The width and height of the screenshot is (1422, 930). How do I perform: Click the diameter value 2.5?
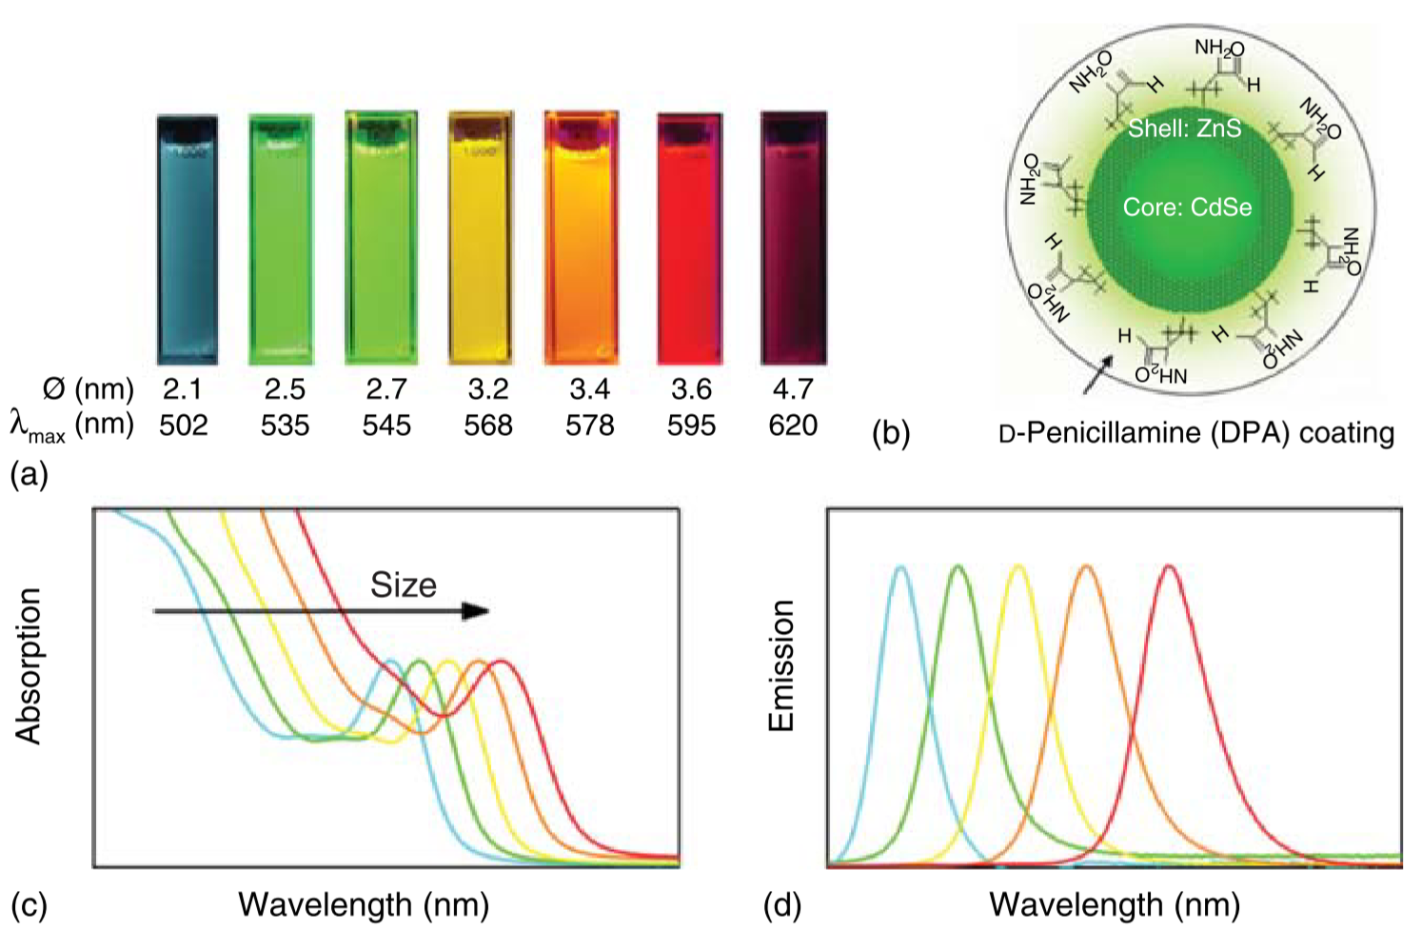pyautogui.click(x=285, y=389)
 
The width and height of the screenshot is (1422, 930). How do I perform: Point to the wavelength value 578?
pyautogui.click(x=589, y=425)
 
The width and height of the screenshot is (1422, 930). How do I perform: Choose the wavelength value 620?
pyautogui.click(x=793, y=425)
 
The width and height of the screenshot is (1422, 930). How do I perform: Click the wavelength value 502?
pyautogui.click(x=183, y=425)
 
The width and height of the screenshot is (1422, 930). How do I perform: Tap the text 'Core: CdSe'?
pyautogui.click(x=1187, y=208)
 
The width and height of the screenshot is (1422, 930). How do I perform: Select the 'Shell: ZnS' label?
pyautogui.click(x=1184, y=129)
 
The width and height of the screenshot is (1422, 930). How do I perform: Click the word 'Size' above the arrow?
pyautogui.click(x=404, y=584)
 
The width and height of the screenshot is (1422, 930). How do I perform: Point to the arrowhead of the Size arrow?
pyautogui.click(x=476, y=611)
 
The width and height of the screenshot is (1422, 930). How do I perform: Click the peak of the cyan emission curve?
pyautogui.click(x=900, y=567)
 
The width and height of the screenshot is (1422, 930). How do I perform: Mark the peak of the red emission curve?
pyautogui.click(x=1170, y=567)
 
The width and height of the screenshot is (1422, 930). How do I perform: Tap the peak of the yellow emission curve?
pyautogui.click(x=1018, y=567)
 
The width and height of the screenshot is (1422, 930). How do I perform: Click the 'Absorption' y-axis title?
pyautogui.click(x=29, y=665)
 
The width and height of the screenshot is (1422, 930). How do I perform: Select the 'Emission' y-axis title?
pyautogui.click(x=780, y=665)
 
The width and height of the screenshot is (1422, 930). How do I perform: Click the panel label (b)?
pyautogui.click(x=891, y=433)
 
